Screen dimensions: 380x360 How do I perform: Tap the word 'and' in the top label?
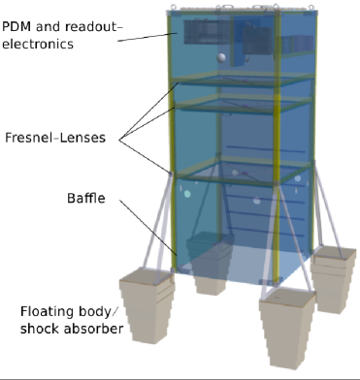[61, 27]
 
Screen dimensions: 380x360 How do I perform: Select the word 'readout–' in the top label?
[110, 27]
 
